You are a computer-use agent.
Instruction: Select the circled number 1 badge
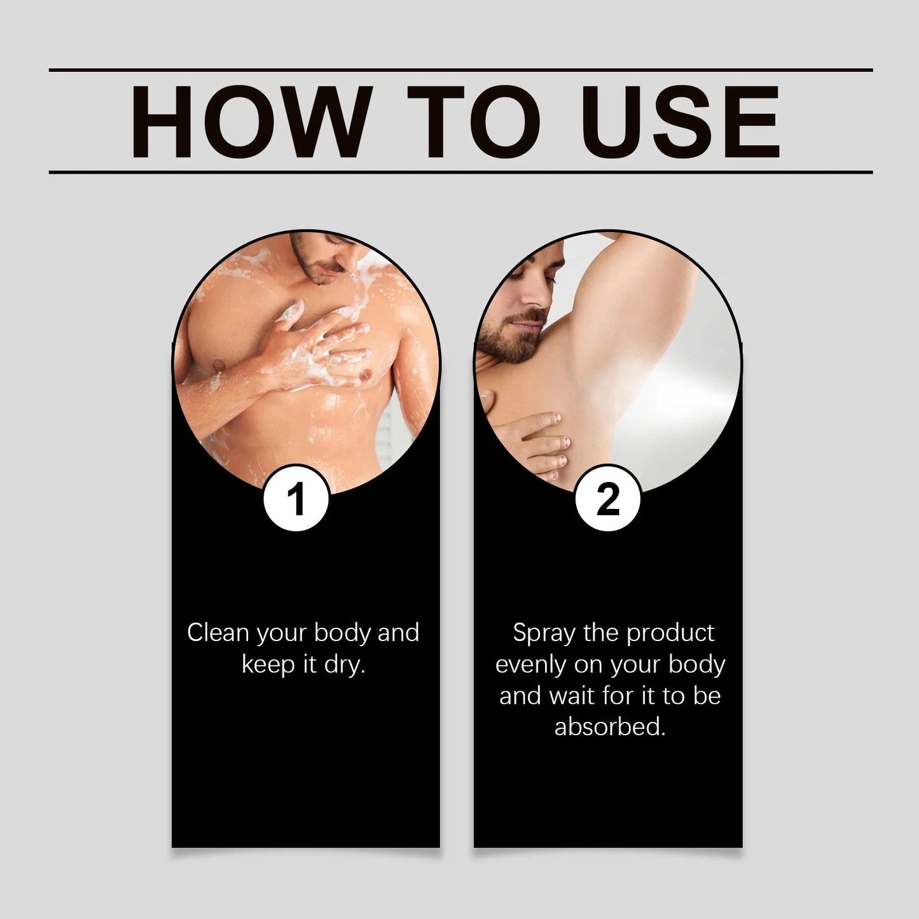[x=296, y=499]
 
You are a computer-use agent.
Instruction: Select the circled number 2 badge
[x=607, y=499]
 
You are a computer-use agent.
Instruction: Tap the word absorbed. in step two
[x=610, y=726]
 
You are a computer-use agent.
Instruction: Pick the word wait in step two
[x=572, y=696]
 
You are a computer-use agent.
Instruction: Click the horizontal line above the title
[x=460, y=69]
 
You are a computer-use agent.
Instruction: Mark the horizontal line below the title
[x=460, y=172]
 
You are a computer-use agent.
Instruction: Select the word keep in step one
[x=268, y=665]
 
